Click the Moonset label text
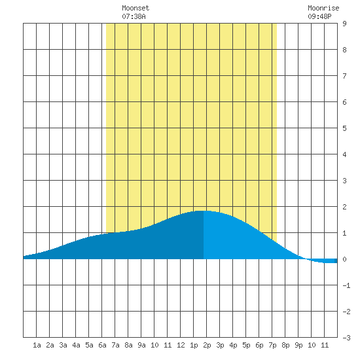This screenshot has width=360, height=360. pyautogui.click(x=135, y=8)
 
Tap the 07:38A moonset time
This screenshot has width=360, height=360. pyautogui.click(x=134, y=16)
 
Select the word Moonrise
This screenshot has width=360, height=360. pyautogui.click(x=323, y=8)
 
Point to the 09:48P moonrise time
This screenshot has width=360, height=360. pyautogui.click(x=319, y=16)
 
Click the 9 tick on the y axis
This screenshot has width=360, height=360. pyautogui.click(x=344, y=24)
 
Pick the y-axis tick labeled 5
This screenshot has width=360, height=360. pyautogui.click(x=344, y=128)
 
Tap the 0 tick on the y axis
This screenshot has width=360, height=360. pyautogui.click(x=344, y=259)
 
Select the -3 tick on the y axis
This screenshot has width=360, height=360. pyautogui.click(x=346, y=338)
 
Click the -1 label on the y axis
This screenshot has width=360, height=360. pyautogui.click(x=346, y=285)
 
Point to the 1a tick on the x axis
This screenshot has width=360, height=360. pyautogui.click(x=37, y=345)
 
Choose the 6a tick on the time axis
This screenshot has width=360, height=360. pyautogui.click(x=102, y=345)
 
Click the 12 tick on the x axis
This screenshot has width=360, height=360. pyautogui.click(x=181, y=345)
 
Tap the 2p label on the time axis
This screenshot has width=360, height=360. pyautogui.click(x=207, y=346)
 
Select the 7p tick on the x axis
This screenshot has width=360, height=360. pyautogui.click(x=272, y=346)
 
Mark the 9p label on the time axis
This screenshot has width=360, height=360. pyautogui.click(x=298, y=346)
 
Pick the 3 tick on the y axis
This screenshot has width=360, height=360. pyautogui.click(x=344, y=181)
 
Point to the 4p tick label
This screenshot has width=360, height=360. pyautogui.click(x=233, y=346)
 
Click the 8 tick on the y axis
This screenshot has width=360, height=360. pyautogui.click(x=344, y=50)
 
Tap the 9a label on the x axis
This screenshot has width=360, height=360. pyautogui.click(x=141, y=345)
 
